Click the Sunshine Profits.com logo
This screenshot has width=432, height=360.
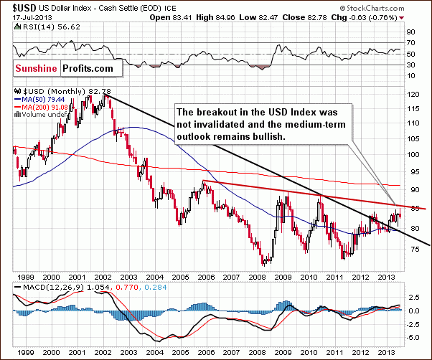tap(65, 67)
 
